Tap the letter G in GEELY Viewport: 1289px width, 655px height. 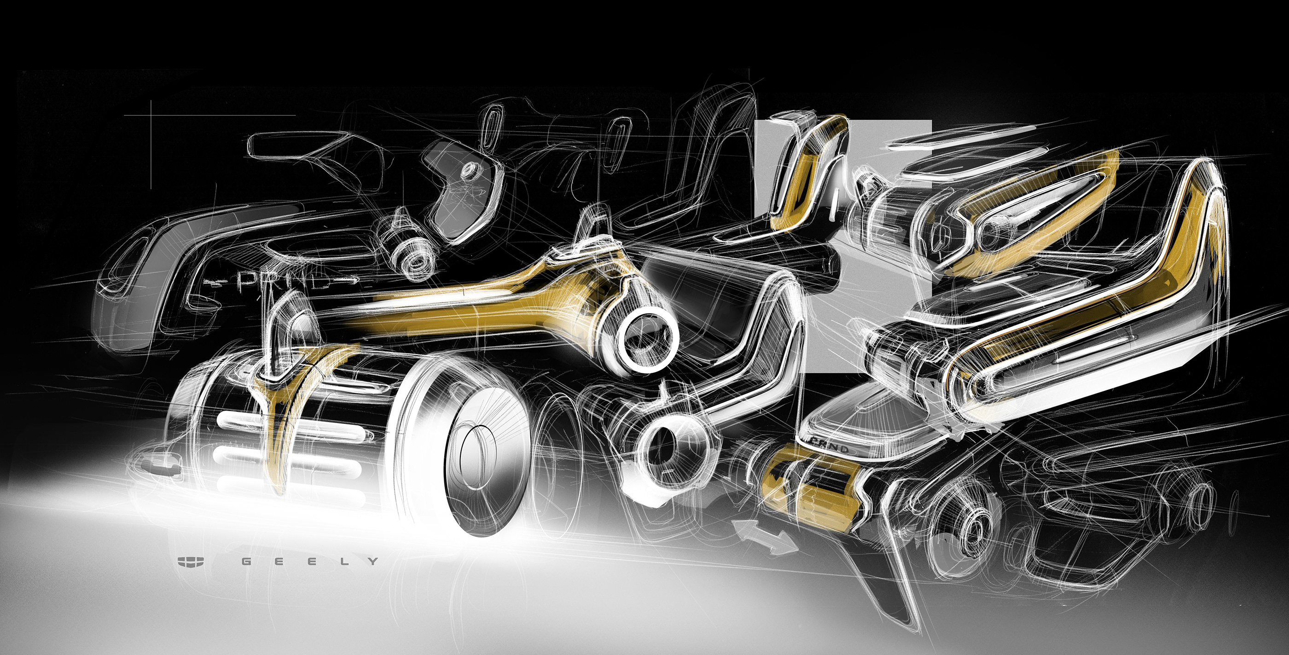pos(246,562)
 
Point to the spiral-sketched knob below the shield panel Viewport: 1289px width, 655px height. pos(413,258)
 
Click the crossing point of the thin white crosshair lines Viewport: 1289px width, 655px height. pos(151,115)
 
